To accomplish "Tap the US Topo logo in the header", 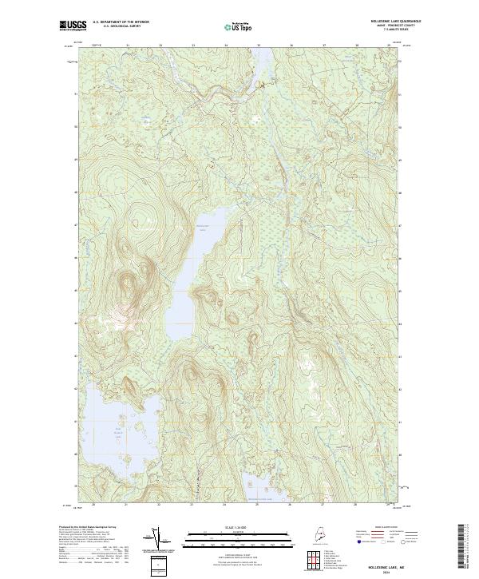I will (x=239, y=26).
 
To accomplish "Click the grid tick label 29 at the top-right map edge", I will (x=388, y=46).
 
